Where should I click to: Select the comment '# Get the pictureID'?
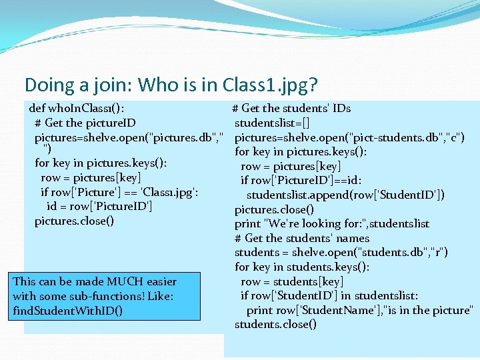85,123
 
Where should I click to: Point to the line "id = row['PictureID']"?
100,207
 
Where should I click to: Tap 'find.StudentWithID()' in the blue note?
67,311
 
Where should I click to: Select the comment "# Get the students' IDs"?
291,108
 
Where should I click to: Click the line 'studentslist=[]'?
272,123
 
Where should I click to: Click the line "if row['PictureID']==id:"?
302,180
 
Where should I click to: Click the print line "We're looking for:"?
332,223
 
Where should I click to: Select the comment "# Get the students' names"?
302,238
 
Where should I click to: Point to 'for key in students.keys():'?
302,267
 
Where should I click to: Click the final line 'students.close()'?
275,325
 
